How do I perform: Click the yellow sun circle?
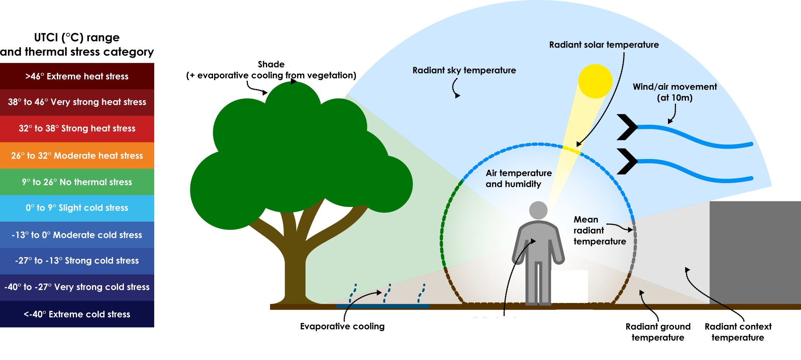pos(595,81)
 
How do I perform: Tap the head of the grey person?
pos(538,210)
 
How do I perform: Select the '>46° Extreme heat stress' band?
pos(77,76)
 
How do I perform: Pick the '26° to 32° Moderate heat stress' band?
pos(77,156)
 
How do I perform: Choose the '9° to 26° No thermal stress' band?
pos(77,182)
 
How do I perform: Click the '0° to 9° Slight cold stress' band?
pos(77,208)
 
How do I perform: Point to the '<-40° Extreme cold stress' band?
pos(77,314)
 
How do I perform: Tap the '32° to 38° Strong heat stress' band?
pos(77,129)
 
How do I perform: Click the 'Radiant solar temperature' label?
pos(604,45)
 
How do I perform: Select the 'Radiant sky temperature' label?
pos(464,71)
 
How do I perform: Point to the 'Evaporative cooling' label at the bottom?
pos(342,326)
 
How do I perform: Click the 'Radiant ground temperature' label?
pos(658,332)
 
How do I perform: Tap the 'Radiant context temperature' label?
pos(738,332)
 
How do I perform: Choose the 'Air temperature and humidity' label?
pos(518,178)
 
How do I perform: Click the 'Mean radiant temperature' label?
pos(599,230)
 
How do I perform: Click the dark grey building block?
pos(755,252)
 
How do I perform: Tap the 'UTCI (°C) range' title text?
pos(77,38)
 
